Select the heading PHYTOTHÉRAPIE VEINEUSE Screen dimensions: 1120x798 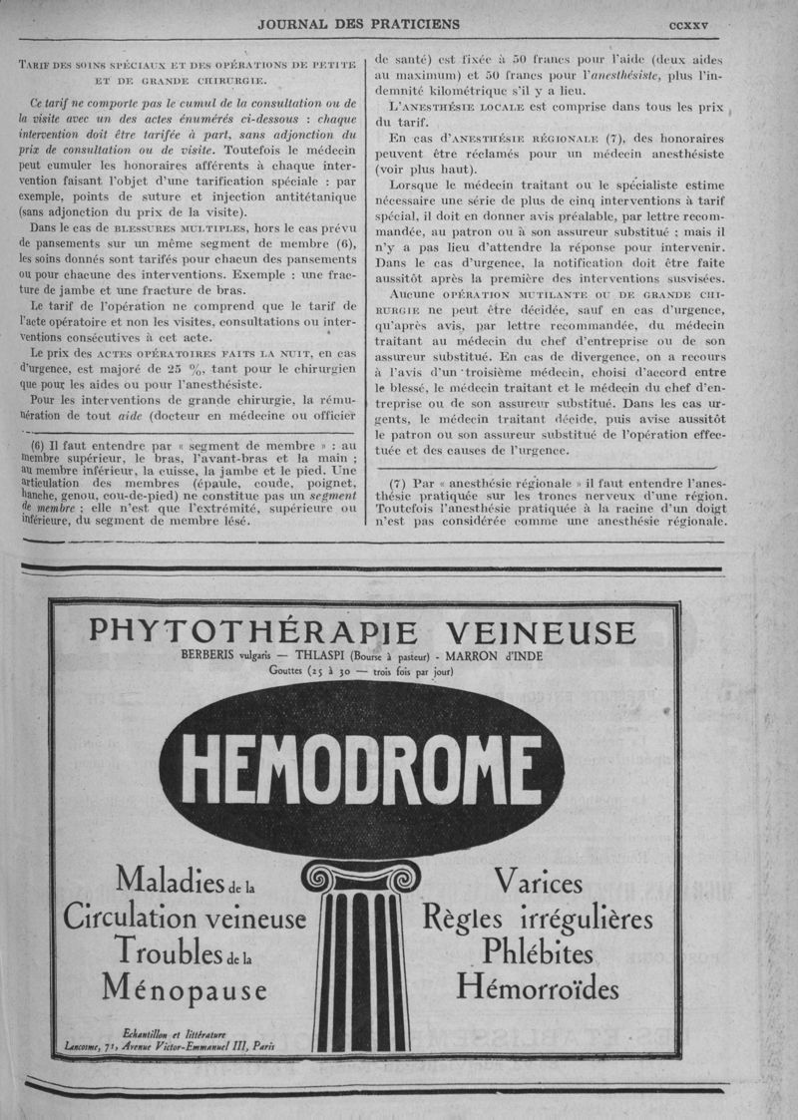coord(362,632)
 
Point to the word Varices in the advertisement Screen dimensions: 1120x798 coord(539,883)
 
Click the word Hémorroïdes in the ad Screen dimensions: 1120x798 coord(538,987)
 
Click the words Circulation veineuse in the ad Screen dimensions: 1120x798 coord(186,917)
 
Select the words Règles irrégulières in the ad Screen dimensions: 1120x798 coord(539,917)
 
